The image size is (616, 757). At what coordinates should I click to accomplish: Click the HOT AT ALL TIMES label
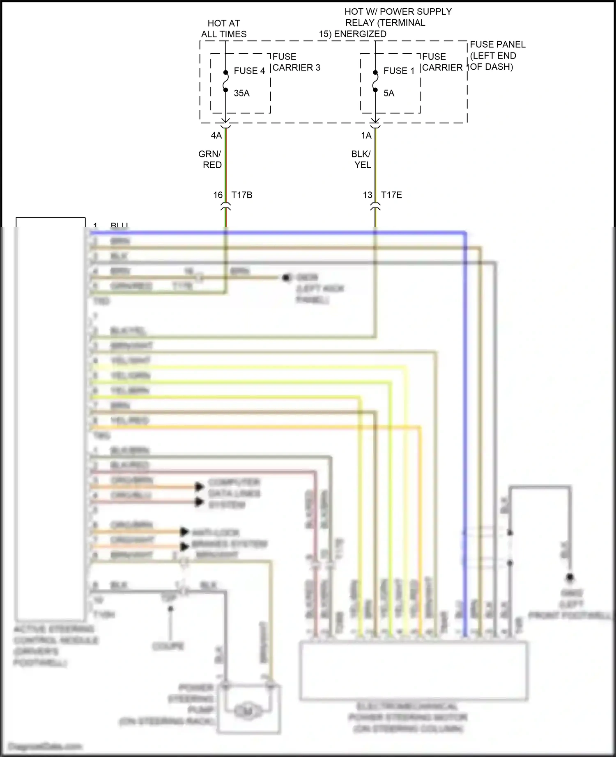(x=224, y=29)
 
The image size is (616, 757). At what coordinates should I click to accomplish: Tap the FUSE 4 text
(x=249, y=71)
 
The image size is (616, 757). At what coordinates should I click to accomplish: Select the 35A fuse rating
(x=241, y=93)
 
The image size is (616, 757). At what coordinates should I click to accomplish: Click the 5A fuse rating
(x=388, y=93)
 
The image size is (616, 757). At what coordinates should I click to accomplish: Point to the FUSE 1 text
(x=399, y=71)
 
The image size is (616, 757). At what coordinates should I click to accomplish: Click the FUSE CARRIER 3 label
(x=296, y=62)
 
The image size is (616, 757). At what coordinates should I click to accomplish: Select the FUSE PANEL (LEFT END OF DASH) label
(x=497, y=55)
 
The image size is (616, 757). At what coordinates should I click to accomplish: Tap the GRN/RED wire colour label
(x=211, y=160)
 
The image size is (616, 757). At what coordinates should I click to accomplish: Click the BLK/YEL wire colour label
(x=361, y=160)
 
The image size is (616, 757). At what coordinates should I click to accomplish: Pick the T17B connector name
(x=242, y=195)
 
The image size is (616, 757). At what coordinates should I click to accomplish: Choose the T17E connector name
(x=391, y=195)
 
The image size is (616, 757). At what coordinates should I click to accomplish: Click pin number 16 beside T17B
(x=218, y=195)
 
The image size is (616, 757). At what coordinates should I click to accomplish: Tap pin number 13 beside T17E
(x=367, y=195)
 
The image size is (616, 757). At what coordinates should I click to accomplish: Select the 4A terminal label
(x=216, y=136)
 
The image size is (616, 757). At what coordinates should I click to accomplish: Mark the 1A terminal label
(x=366, y=136)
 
